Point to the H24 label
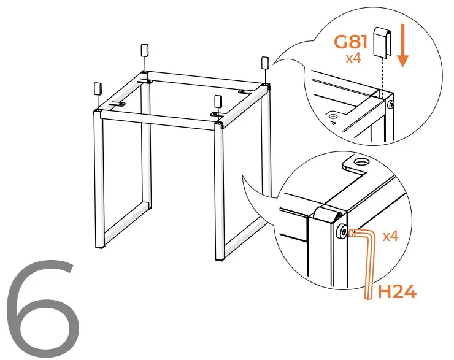click(x=396, y=291)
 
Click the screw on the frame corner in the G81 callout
click(x=391, y=104)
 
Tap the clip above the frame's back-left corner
click(x=145, y=50)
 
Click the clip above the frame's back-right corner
click(x=266, y=63)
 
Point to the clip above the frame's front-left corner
click(x=98, y=89)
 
